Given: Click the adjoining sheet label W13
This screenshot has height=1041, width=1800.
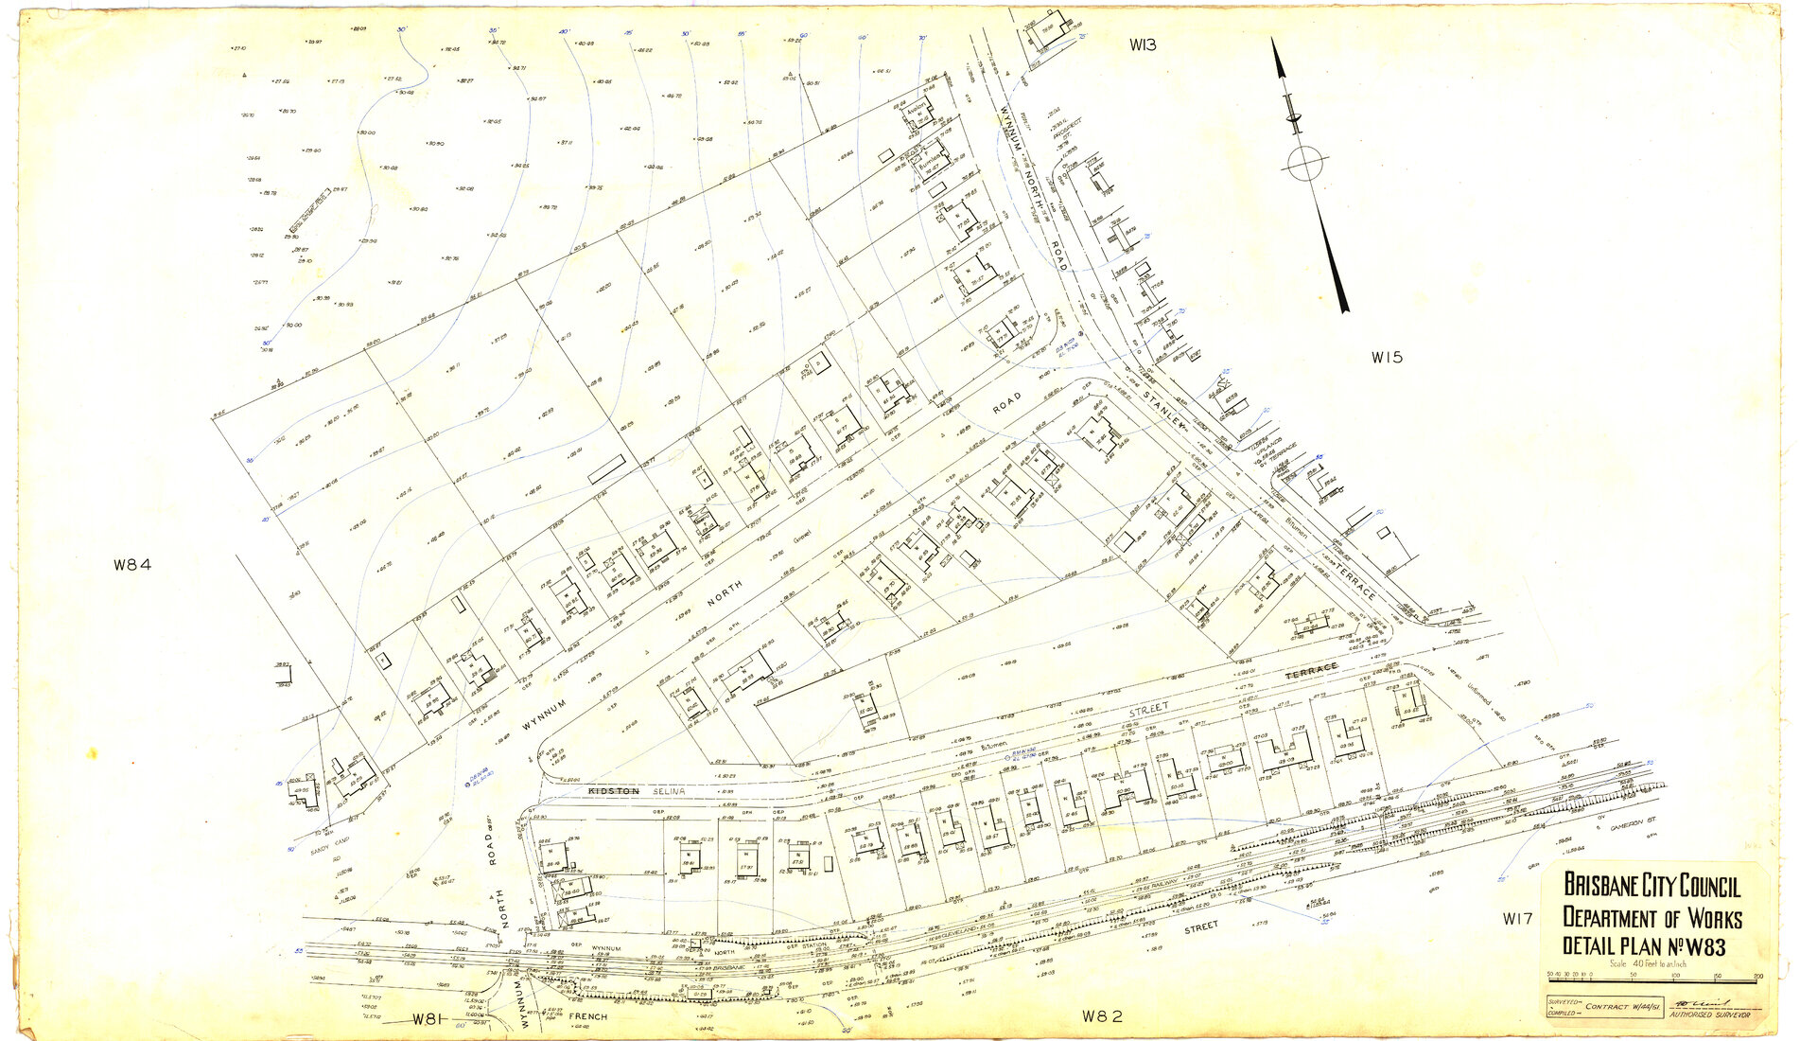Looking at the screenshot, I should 1144,44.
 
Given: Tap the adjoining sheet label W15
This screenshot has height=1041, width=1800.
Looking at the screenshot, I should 1387,358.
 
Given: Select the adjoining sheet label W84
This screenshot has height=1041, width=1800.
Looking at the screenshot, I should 132,565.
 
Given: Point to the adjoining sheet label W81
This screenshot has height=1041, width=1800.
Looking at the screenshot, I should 428,1019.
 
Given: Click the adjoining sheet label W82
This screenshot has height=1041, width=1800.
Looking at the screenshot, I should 1102,1016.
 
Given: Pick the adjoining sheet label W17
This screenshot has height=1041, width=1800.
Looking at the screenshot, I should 1517,918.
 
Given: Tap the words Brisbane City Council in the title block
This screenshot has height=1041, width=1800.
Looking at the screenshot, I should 1651,886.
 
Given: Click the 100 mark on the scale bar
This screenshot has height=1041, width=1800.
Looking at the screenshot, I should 1674,974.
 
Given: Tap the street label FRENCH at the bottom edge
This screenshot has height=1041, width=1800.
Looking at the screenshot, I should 588,1016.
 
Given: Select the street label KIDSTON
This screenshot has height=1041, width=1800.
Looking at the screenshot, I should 614,790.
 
